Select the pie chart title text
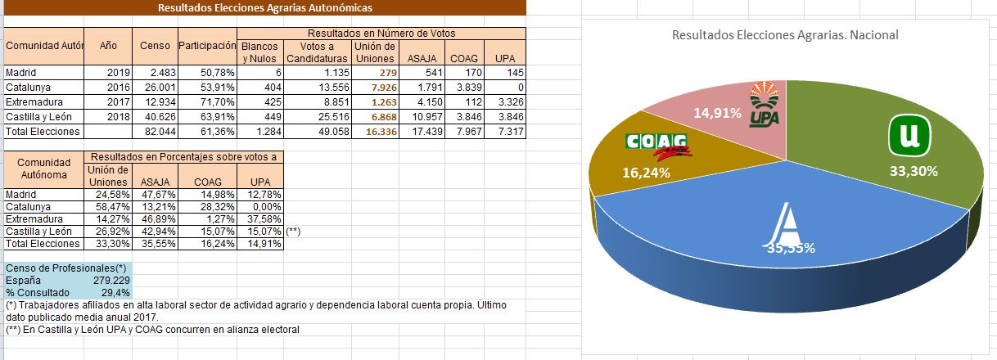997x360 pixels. point(784,35)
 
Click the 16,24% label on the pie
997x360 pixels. point(646,173)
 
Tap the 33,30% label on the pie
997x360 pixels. point(914,171)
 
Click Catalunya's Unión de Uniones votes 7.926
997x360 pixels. point(383,87)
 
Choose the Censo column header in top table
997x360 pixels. point(155,46)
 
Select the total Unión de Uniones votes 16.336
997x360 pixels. point(380,131)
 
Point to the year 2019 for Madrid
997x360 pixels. point(119,72)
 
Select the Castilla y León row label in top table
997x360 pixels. point(38,116)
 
